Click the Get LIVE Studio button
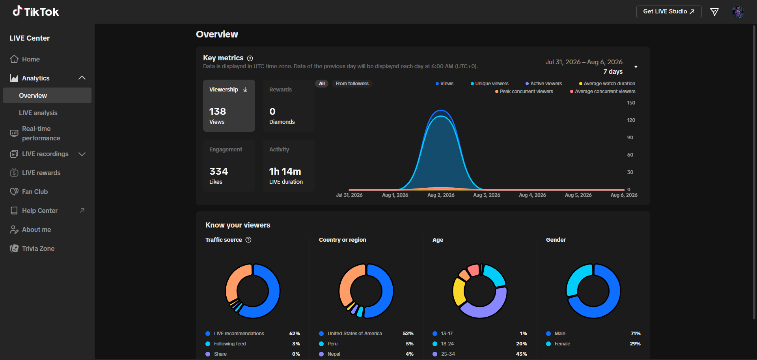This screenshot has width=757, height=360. click(669, 11)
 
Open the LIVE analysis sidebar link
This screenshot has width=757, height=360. click(38, 113)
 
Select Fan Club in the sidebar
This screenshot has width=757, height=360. click(35, 192)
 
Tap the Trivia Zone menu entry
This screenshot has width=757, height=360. click(38, 248)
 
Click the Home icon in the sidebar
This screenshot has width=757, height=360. click(14, 59)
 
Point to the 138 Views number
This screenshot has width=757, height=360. click(218, 112)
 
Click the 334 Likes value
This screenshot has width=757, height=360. click(219, 172)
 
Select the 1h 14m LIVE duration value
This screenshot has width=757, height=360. click(285, 172)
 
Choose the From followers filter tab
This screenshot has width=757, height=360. click(352, 84)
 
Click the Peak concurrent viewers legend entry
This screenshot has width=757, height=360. click(524, 91)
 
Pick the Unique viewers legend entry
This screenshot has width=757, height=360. click(489, 84)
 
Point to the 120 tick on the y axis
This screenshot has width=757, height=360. click(631, 120)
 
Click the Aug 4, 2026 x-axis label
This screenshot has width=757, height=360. click(533, 195)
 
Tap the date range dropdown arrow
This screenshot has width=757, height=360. click(636, 67)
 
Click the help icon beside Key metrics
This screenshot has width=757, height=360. click(250, 58)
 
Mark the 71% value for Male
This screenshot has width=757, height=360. click(636, 334)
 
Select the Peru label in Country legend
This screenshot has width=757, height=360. click(333, 344)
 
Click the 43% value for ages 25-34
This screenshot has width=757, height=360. click(522, 354)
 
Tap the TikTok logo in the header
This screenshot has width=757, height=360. click(36, 11)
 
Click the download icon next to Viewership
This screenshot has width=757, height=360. click(245, 90)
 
